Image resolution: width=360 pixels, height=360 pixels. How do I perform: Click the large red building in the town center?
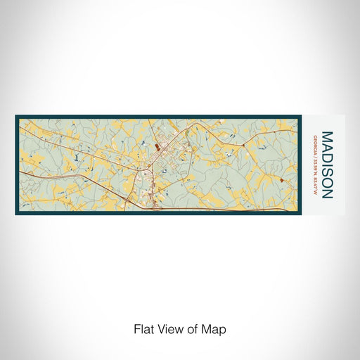tap(158, 146)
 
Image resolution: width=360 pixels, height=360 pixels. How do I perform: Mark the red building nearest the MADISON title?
tap(282, 180)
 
